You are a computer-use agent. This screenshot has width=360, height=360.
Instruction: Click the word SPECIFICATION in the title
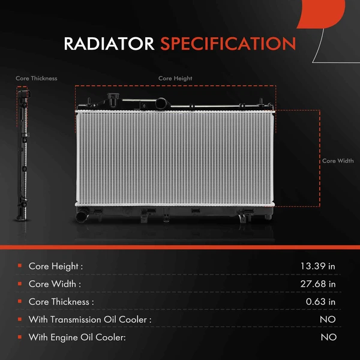228,44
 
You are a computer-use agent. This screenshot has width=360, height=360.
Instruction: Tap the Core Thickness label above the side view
37,79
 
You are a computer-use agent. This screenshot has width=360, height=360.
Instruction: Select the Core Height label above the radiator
175,79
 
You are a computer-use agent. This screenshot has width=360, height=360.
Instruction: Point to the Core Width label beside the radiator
338,161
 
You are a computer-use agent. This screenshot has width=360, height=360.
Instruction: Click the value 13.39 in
318,266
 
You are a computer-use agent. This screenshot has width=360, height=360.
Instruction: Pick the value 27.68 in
318,284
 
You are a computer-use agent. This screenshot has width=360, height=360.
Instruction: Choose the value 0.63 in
320,302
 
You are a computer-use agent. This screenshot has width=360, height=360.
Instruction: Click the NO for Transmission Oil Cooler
328,320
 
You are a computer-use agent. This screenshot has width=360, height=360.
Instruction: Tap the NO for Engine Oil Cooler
328,337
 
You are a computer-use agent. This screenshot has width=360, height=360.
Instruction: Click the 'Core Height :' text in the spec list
56,266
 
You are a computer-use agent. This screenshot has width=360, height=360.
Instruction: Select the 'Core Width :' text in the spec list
55,284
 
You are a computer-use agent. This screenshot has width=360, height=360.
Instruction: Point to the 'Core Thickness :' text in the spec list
61,302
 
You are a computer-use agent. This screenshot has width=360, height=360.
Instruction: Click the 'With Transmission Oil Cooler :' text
90,320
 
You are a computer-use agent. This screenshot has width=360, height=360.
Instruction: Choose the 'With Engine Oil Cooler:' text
77,337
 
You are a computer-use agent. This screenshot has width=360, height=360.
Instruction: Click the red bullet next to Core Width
20,283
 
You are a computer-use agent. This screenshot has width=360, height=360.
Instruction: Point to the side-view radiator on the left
23,156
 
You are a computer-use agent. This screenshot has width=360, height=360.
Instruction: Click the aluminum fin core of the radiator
174,159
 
